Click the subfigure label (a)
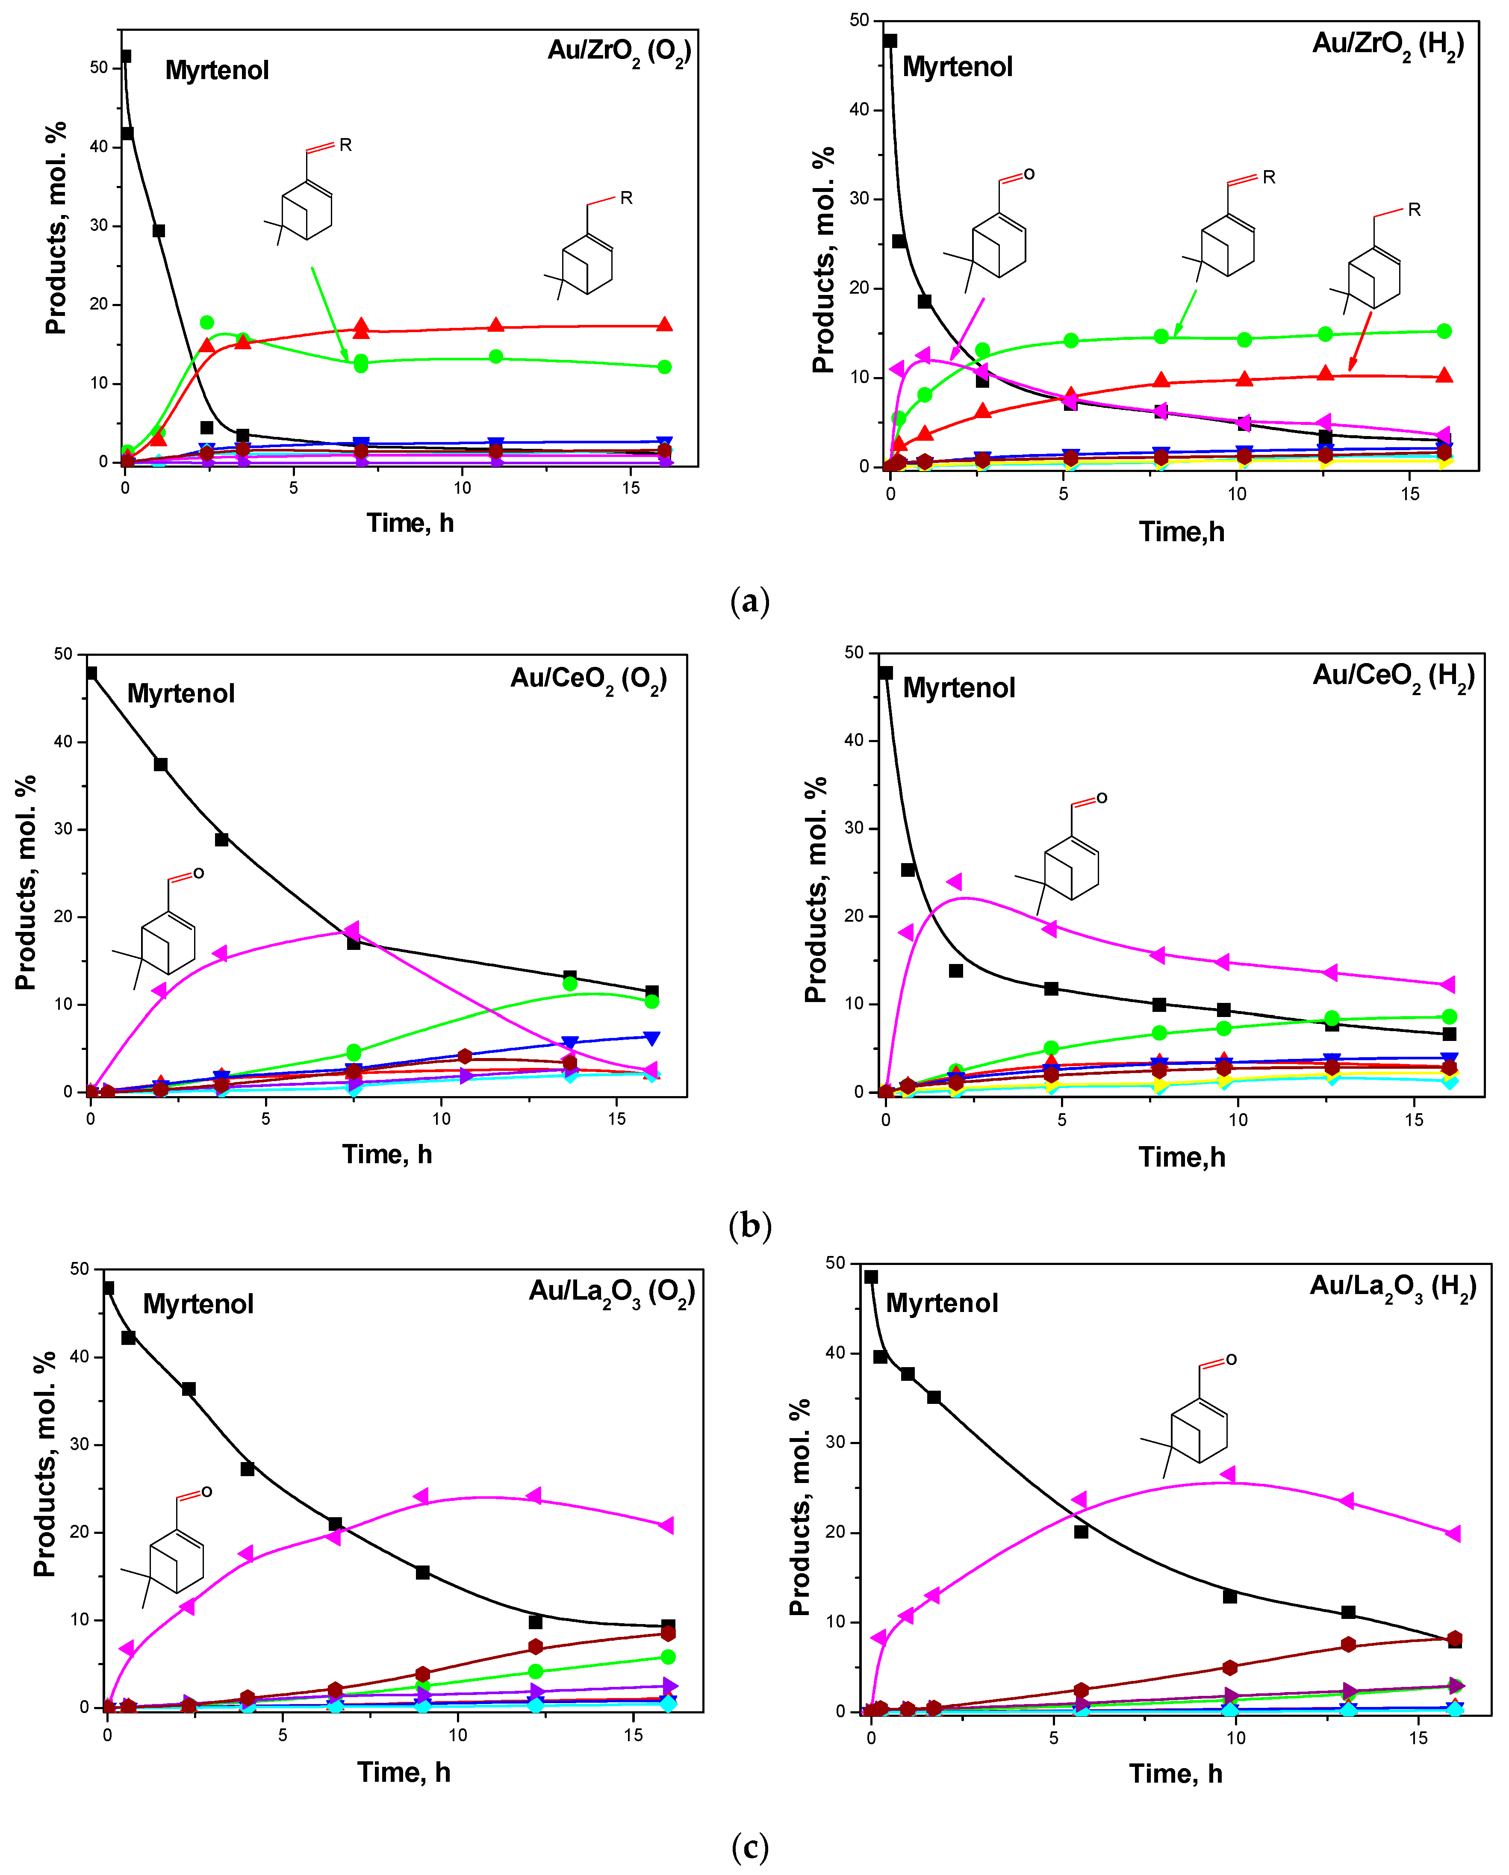pyautogui.click(x=750, y=601)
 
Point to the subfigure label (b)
pyautogui.click(x=750, y=1225)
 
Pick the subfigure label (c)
pyautogui.click(x=750, y=1846)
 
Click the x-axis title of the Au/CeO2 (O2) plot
pyautogui.click(x=387, y=1154)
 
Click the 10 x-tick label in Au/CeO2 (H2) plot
pyautogui.click(x=1238, y=1120)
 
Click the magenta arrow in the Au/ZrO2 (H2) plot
pyautogui.click(x=968, y=329)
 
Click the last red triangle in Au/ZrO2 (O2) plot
pyautogui.click(x=664, y=324)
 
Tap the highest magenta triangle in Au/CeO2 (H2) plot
pyautogui.click(x=954, y=882)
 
